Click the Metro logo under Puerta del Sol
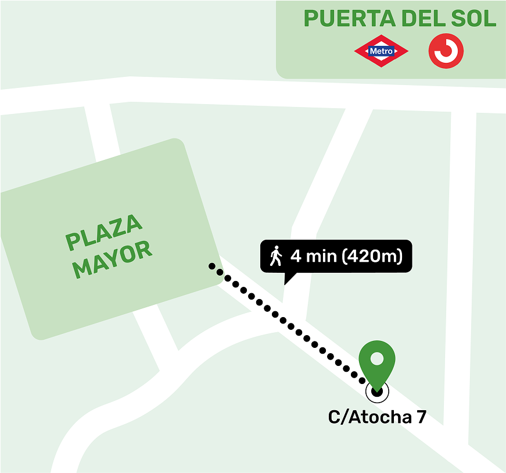click(381, 51)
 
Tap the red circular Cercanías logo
click(446, 51)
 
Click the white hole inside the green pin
click(377, 358)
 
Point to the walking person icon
click(276, 256)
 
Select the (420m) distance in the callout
click(372, 256)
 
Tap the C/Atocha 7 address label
click(377, 417)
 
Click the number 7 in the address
click(421, 417)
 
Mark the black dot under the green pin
click(377, 392)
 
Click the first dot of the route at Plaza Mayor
click(212, 266)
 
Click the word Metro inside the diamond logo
click(381, 51)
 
